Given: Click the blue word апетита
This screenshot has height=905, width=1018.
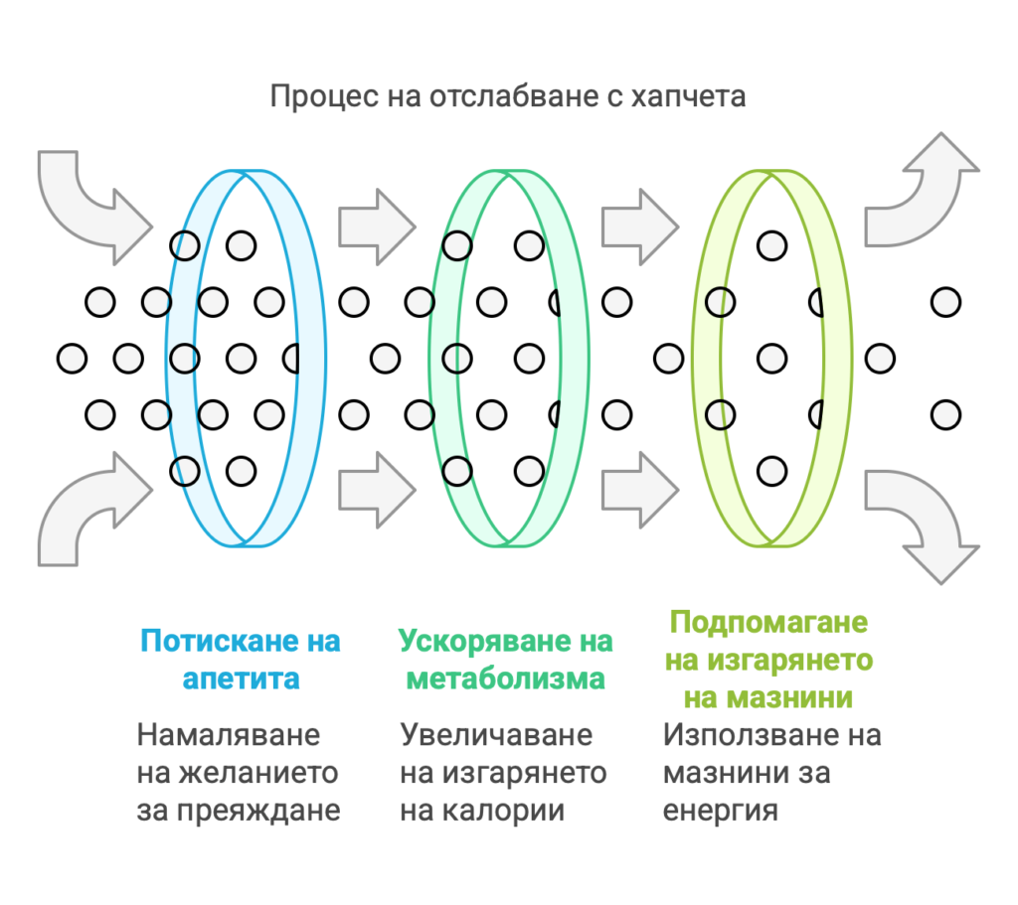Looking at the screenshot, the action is tap(241, 679).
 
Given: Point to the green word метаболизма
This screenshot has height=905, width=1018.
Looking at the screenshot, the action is tap(506, 679).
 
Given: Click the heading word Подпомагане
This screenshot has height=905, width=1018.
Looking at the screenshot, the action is tap(768, 622).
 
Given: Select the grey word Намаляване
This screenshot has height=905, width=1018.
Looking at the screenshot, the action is tap(229, 735).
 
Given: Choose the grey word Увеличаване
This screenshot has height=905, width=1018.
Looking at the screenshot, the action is tap(496, 735).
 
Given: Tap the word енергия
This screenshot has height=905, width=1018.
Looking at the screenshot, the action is tap(720, 811).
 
